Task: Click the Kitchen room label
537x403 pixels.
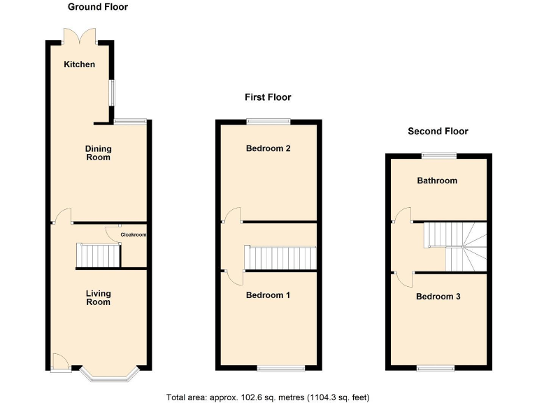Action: click(79, 64)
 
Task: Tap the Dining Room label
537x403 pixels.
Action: click(98, 153)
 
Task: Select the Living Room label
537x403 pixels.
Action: click(98, 297)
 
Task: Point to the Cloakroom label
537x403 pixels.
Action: click(134, 235)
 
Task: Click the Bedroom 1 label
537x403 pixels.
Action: click(268, 295)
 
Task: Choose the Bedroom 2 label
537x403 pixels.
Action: click(268, 148)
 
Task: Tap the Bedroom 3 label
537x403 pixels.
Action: click(438, 297)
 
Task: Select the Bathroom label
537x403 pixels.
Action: click(437, 181)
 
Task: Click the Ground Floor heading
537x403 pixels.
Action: click(97, 7)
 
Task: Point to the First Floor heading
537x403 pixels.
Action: click(268, 97)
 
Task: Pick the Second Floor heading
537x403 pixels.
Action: click(438, 131)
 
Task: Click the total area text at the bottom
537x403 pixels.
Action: click(268, 397)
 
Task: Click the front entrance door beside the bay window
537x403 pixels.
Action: click(60, 362)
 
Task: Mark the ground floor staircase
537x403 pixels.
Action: click(97, 255)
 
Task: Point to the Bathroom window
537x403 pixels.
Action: click(438, 155)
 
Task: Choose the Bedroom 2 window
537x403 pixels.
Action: click(268, 122)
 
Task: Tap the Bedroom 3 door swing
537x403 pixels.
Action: click(404, 278)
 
